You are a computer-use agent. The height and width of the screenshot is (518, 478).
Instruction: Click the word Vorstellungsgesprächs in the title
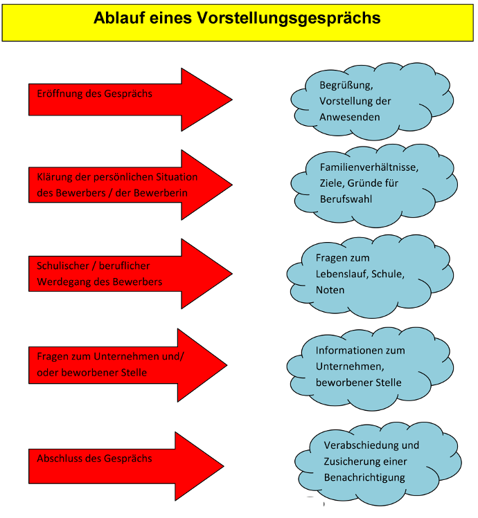point(297,19)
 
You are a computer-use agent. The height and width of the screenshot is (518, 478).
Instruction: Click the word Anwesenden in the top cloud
point(349,117)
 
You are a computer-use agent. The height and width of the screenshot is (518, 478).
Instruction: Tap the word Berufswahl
point(346,199)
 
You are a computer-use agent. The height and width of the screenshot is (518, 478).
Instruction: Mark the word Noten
point(330,290)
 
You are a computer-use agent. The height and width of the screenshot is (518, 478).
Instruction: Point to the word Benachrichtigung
point(364,477)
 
